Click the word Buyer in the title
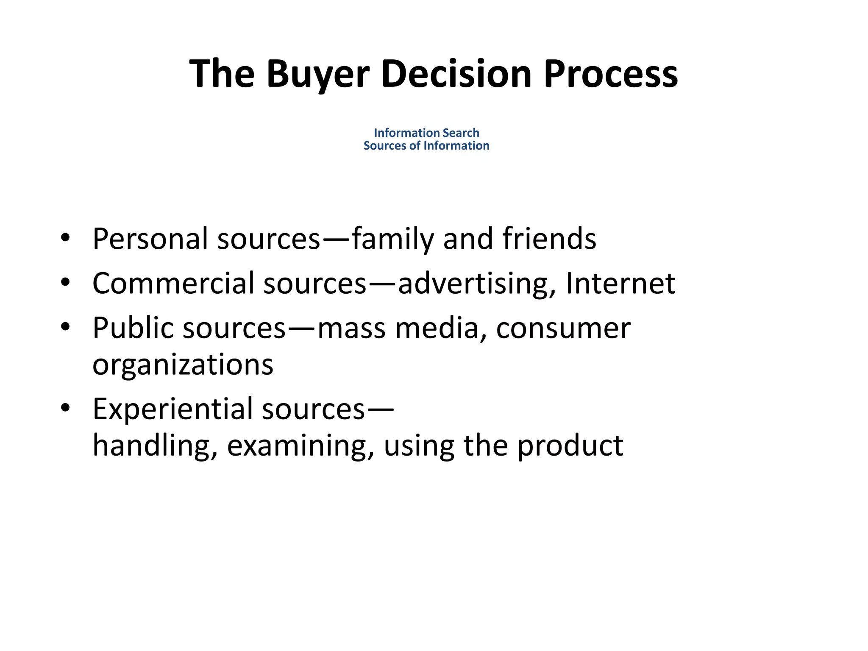point(318,74)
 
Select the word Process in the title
point(611,74)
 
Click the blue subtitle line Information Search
point(426,133)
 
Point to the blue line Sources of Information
point(426,145)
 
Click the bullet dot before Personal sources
point(65,238)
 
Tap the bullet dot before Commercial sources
point(65,283)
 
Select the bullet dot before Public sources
point(65,328)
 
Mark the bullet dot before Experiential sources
point(65,409)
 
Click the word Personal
point(150,239)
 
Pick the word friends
point(549,239)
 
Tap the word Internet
point(620,283)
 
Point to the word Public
point(133,328)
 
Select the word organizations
point(183,364)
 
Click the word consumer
point(563,328)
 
